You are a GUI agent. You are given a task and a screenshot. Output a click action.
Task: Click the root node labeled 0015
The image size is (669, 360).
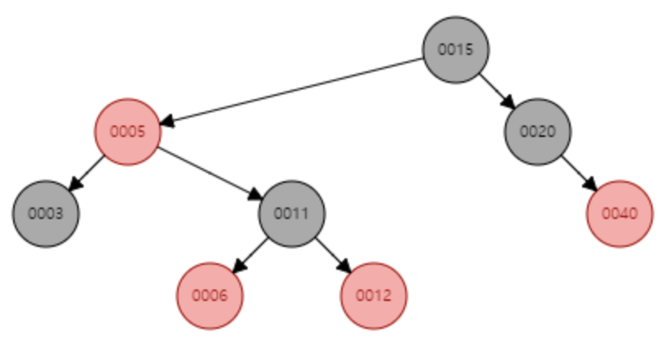[456, 49]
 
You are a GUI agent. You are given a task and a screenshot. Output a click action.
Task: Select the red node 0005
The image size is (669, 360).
[127, 131]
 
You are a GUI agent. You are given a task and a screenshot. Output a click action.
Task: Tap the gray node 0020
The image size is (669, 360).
[538, 131]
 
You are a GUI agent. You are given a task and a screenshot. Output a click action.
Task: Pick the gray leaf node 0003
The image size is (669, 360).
[46, 213]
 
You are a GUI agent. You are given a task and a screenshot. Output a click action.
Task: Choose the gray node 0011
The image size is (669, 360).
[292, 213]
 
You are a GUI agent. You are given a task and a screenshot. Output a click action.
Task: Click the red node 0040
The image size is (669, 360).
[620, 213]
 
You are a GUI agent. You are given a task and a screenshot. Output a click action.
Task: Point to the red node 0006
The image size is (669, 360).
[210, 295]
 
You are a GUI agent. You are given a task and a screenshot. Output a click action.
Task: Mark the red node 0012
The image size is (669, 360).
[374, 295]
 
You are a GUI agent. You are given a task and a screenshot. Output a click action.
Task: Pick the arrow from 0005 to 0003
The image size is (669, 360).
[89, 170]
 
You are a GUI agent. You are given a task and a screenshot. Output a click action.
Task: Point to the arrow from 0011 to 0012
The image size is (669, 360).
[331, 253]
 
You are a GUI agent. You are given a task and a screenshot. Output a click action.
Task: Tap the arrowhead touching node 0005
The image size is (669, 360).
[166, 121]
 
